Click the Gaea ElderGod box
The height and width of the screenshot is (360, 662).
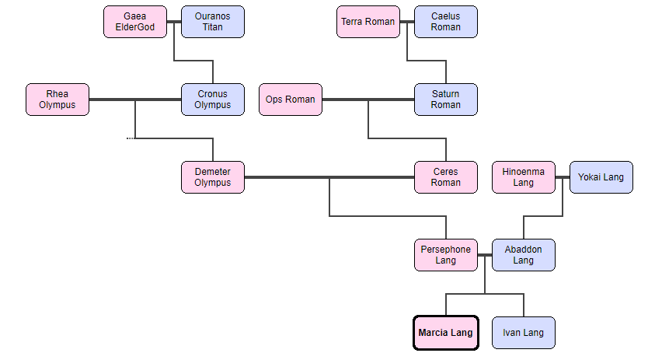[135, 22]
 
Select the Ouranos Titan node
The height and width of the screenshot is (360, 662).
[213, 22]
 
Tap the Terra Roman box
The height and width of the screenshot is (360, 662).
[368, 22]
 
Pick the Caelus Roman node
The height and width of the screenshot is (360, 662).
[446, 22]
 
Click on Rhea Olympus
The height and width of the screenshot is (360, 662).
[57, 100]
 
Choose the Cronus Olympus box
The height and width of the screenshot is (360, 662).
[213, 100]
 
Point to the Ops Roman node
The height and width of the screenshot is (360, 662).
[291, 100]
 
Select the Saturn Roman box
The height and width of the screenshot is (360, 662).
[446, 100]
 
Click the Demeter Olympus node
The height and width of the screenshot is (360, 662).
[213, 177]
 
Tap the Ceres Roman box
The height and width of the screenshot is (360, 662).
[446, 177]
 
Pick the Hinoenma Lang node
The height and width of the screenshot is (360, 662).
[524, 177]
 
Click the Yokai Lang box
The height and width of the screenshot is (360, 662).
[601, 177]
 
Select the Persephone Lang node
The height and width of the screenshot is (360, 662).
[446, 255]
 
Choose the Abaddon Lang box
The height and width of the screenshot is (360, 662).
[524, 255]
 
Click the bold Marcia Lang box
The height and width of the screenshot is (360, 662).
[446, 333]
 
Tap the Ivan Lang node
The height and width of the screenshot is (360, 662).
[524, 333]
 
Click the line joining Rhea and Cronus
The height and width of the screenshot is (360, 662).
[155, 100]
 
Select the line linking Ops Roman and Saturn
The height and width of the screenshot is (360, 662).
[388, 100]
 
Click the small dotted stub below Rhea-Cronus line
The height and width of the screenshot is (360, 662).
[131, 138]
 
